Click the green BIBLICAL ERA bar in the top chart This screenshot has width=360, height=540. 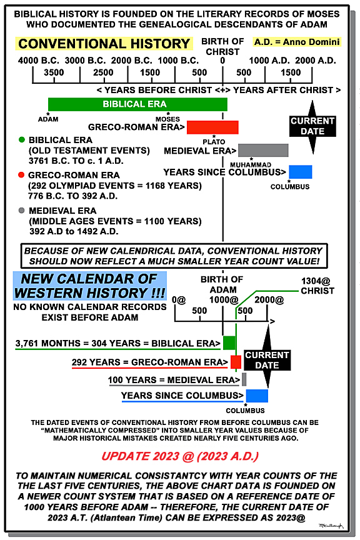point(137,104)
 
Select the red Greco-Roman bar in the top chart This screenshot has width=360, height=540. point(212,127)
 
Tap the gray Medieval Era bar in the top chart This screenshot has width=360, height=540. point(263,151)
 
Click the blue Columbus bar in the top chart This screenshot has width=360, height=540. point(301,172)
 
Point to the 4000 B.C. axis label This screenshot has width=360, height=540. point(39,61)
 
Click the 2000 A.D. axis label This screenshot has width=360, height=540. point(316,61)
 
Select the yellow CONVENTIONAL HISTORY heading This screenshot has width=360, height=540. point(104,44)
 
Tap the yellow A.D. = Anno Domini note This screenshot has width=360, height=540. point(297,42)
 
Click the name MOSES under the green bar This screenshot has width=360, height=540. point(167,119)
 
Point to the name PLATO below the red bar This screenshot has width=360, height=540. point(214,141)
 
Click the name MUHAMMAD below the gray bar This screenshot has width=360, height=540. point(251,165)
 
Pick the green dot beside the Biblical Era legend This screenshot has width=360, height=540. point(22,140)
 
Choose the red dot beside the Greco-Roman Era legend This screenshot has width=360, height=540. point(21,175)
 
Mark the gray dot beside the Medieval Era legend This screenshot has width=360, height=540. point(22,210)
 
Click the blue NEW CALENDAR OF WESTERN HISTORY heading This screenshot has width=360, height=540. point(89,286)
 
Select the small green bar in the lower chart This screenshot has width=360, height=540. point(229,343)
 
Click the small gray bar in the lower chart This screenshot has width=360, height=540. point(244,379)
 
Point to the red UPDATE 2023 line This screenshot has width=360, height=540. point(180,456)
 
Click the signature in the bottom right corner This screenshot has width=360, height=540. point(331,526)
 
